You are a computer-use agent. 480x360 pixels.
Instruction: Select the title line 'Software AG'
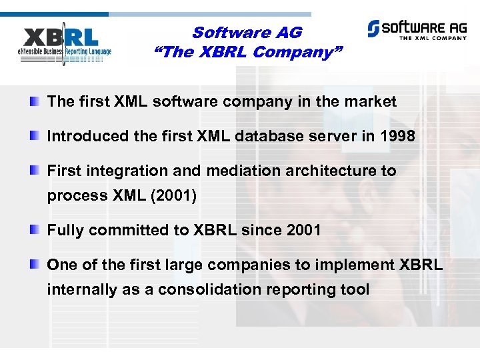click(x=247, y=32)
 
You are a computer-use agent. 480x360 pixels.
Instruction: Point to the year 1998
click(x=397, y=137)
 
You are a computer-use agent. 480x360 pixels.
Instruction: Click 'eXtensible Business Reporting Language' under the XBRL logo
click(x=65, y=51)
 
